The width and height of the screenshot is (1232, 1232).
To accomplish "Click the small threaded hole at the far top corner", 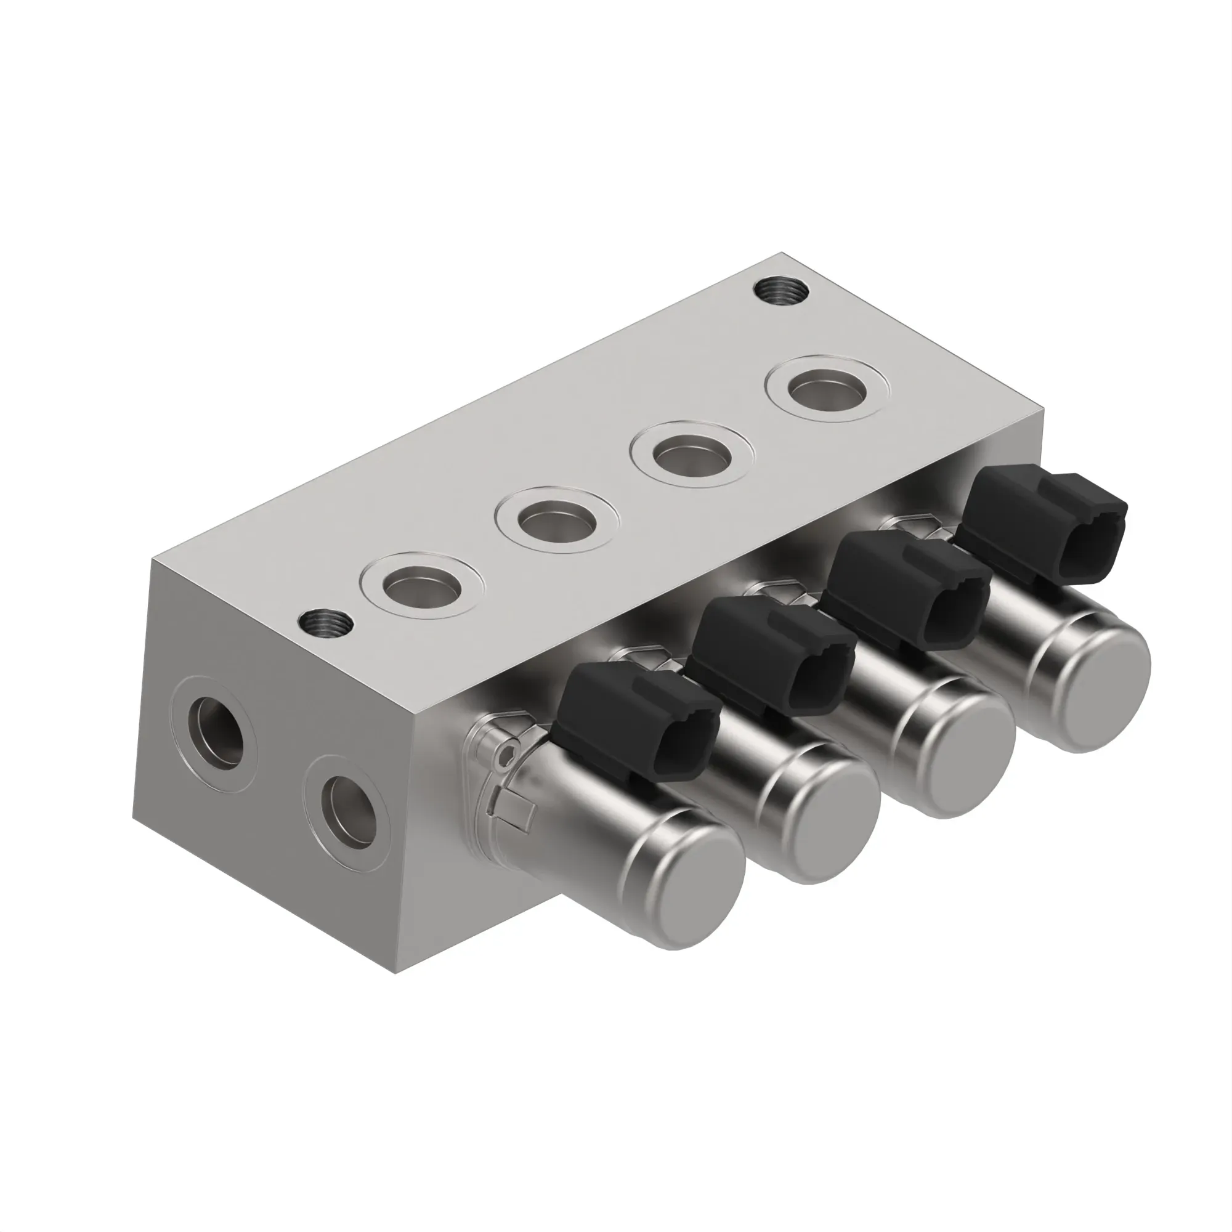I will pos(782,291).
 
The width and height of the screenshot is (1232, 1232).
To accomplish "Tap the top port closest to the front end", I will pos(421,584).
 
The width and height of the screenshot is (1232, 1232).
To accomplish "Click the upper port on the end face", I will pos(216,731).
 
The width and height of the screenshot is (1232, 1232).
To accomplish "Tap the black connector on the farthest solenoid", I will pos(1042,521).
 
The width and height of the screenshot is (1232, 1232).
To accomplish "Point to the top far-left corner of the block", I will pos(152,559).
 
